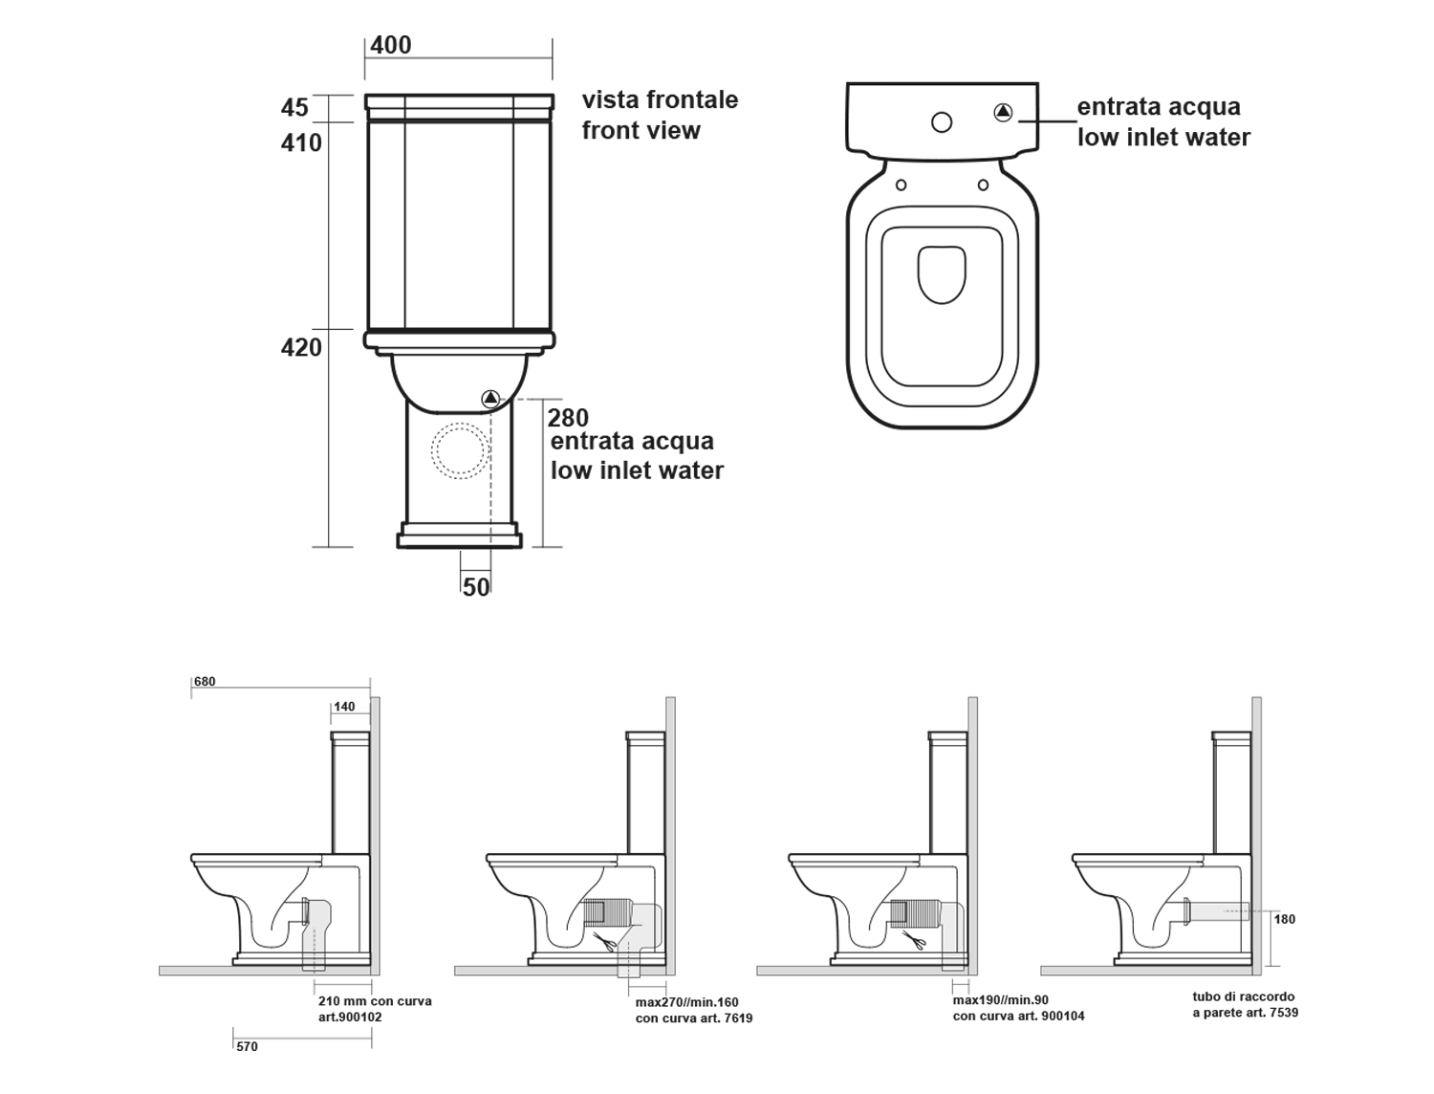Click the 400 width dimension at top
(x=391, y=45)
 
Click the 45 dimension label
(x=294, y=107)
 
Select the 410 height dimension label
(x=301, y=142)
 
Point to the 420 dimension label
(x=301, y=347)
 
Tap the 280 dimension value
(x=568, y=418)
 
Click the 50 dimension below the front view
(x=476, y=586)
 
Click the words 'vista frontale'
(x=660, y=99)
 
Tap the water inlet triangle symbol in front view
(x=490, y=398)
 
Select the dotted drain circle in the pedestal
(x=460, y=449)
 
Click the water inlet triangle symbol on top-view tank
(x=1003, y=112)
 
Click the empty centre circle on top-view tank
(x=942, y=122)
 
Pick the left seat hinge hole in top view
(x=901, y=185)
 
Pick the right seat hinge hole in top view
(x=983, y=185)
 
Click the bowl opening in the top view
(x=942, y=275)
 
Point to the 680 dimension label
(x=205, y=682)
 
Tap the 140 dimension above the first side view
(x=344, y=707)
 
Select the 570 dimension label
(x=247, y=1046)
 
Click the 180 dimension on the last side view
(x=1285, y=919)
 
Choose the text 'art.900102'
(x=350, y=1017)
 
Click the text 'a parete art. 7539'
(x=1245, y=1012)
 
